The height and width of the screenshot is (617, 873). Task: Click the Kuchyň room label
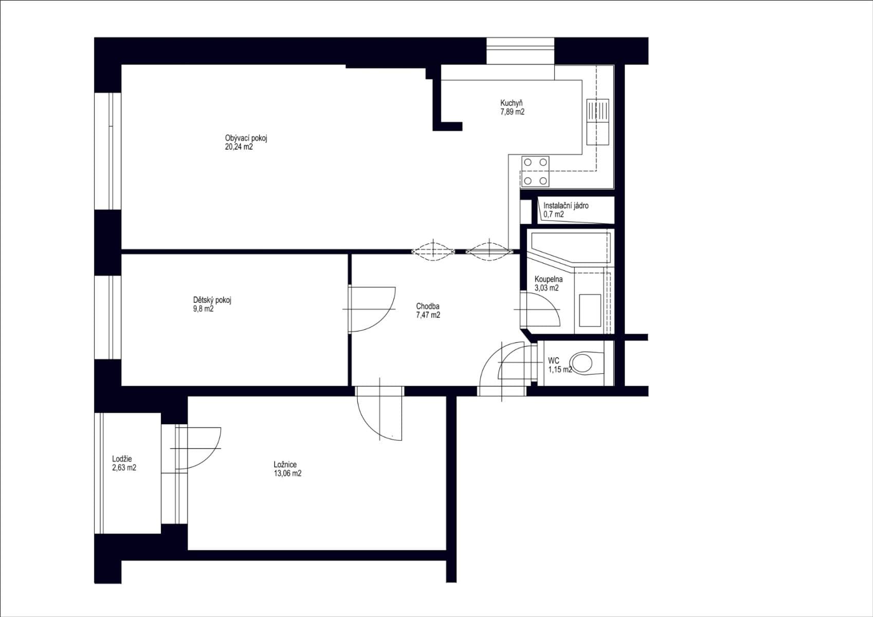512,103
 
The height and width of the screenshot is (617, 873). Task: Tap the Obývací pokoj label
246,138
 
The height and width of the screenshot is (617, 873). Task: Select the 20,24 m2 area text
239,147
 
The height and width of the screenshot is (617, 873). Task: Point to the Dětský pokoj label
212,300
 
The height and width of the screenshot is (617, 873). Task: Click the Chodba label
428,306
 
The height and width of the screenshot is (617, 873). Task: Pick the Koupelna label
548,279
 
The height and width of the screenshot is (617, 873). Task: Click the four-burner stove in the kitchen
535,171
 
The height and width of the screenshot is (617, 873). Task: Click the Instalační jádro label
566,206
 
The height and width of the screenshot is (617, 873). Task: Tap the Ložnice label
285,465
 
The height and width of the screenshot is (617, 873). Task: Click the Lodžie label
122,459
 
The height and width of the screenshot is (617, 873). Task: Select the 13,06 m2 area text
287,474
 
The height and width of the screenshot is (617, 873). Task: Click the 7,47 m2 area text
428,315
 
